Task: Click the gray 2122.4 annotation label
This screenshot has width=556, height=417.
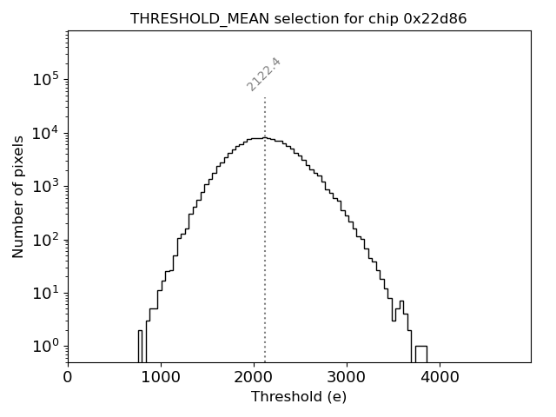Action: point(264,74)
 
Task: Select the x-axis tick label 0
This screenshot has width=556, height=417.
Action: point(68,378)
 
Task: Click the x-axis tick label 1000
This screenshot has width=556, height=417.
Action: point(161,378)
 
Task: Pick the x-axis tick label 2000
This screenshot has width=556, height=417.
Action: point(254,378)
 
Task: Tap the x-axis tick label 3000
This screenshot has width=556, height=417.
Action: point(347,378)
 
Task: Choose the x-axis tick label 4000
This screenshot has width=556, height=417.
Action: point(440,378)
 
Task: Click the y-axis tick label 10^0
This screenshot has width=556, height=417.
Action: point(45,347)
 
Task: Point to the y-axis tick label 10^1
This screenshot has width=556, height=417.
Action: point(45,294)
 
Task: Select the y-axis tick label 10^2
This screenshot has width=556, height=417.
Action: point(45,240)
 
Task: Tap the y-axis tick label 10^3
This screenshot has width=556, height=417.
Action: point(45,187)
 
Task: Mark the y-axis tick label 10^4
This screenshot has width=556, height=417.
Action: point(45,133)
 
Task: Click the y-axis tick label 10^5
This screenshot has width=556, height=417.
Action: point(45,80)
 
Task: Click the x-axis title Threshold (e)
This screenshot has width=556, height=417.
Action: point(299,397)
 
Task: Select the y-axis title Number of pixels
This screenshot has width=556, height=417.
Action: point(19,196)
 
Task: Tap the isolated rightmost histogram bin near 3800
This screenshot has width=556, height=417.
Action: point(420,354)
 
